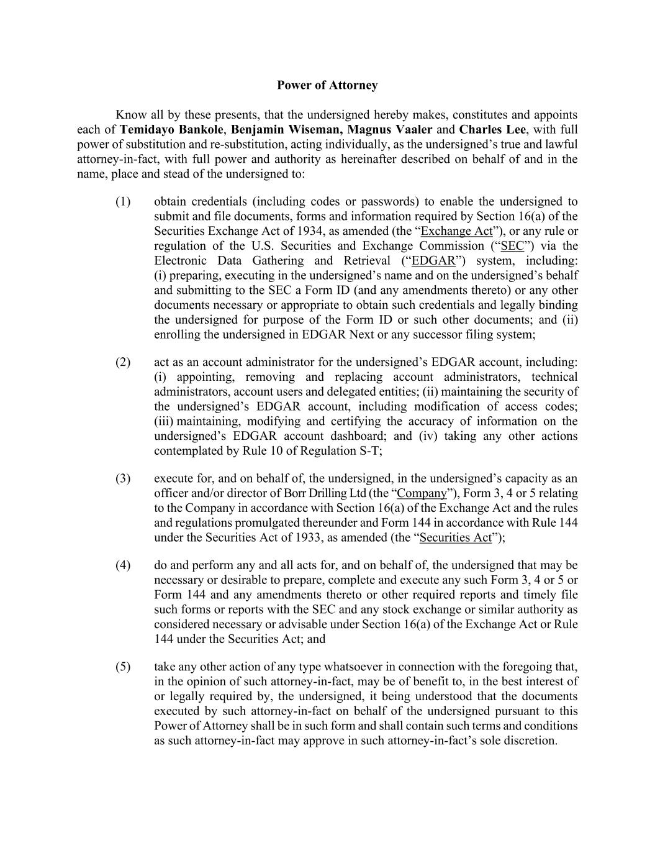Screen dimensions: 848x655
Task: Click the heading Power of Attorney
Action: click(327, 85)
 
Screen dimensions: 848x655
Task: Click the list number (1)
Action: click(123, 201)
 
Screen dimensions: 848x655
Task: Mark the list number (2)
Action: click(123, 362)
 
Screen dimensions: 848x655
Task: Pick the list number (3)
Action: click(123, 478)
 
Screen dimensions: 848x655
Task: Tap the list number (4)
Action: click(123, 565)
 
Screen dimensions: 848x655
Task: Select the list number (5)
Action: click(123, 667)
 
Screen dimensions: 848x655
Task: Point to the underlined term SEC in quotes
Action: click(512, 246)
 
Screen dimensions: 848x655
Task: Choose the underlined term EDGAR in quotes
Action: click(433, 261)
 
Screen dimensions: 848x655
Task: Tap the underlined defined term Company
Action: click(422, 493)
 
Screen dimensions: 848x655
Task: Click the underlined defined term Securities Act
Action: click(455, 537)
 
